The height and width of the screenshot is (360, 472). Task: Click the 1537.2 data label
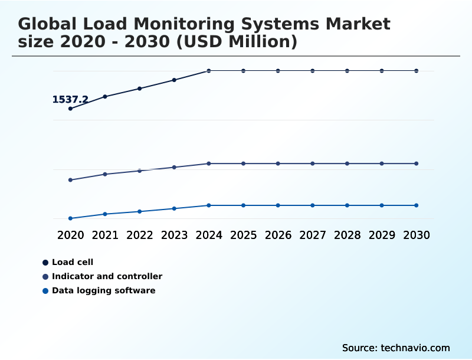[70, 100]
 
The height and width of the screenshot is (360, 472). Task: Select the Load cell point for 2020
[70, 109]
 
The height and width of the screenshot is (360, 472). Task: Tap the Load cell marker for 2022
[140, 89]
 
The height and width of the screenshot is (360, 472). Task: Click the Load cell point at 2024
[209, 71]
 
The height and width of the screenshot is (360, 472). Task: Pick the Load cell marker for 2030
[417, 71]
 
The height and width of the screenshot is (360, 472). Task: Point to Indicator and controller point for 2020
[70, 180]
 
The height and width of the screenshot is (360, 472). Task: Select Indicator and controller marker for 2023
[174, 167]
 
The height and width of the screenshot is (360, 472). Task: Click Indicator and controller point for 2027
[313, 163]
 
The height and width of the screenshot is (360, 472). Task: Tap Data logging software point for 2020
[70, 218]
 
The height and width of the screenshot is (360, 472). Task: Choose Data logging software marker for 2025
[243, 205]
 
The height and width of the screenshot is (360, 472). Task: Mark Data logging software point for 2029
[382, 205]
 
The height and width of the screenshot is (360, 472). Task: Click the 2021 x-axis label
[105, 235]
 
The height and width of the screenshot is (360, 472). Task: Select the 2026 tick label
[278, 235]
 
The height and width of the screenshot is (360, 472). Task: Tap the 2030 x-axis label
[417, 235]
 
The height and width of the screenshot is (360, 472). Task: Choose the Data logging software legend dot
[45, 290]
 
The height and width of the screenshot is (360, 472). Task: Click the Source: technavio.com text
[396, 348]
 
